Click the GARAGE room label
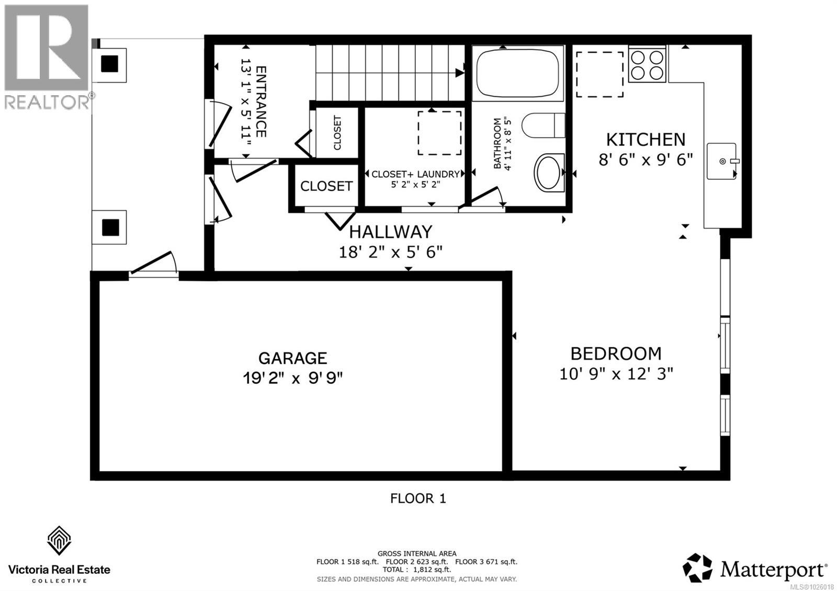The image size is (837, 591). pos(292,358)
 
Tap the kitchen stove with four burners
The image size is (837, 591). pos(647,65)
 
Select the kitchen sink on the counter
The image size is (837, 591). pos(722,161)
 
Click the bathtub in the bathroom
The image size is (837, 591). pos(517,73)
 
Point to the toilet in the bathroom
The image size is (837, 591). pos(544,126)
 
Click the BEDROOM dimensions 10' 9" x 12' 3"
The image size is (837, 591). pos(616,374)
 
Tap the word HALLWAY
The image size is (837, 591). pos(391,231)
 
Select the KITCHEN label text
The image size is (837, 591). pos(646,139)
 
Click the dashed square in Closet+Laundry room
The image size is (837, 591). pos(439,133)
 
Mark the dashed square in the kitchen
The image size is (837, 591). pos(600,74)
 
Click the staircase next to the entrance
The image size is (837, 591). pos(390,73)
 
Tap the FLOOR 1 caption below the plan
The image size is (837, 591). pos(418,498)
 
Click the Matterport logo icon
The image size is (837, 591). pos(697,568)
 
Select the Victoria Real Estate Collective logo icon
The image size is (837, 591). pos(59,541)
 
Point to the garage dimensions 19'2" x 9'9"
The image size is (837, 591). pos(292,378)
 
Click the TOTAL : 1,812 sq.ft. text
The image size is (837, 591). pos(416,570)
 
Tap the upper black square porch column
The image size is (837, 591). pos(110,64)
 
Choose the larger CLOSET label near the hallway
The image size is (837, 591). pos(326,186)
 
